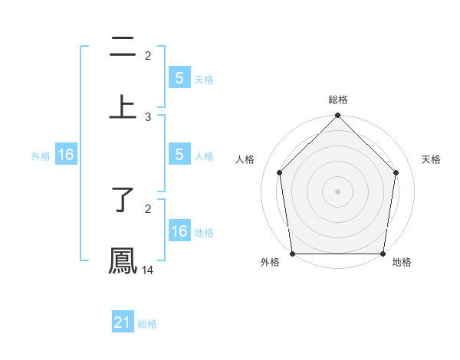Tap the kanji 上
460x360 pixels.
point(123,106)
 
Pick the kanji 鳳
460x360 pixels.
point(123,259)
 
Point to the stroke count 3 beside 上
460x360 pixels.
point(148,116)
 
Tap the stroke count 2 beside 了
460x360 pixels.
point(148,208)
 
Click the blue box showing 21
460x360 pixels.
point(123,323)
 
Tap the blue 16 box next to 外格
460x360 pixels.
point(66,155)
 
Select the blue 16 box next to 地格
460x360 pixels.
point(179,231)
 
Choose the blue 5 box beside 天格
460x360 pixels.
point(179,78)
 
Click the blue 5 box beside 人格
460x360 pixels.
point(179,155)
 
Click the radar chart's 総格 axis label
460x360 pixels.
point(338,100)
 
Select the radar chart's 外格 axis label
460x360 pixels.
point(270,262)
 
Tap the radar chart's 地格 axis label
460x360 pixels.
point(402,262)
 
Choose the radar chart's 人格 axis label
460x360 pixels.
point(245,159)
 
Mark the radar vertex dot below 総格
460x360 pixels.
point(338,116)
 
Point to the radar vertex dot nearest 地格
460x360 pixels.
point(383,254)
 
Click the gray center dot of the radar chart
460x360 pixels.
point(338,191)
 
